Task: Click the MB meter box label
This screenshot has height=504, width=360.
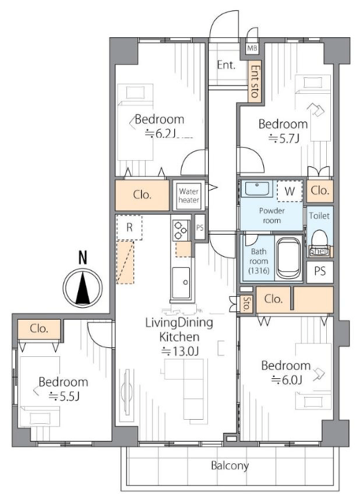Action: (x=252, y=49)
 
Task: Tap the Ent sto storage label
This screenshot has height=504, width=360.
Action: (x=254, y=81)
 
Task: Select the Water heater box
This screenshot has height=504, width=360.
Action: (x=189, y=195)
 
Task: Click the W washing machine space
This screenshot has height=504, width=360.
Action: (x=290, y=191)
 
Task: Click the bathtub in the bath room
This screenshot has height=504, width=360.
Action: (x=288, y=258)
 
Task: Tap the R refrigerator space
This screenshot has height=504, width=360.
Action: (x=129, y=228)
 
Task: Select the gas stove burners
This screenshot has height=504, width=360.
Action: (x=180, y=230)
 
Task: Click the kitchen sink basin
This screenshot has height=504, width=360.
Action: (x=180, y=283)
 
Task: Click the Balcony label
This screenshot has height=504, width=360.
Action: (x=230, y=465)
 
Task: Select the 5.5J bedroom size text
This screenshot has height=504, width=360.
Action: (x=64, y=397)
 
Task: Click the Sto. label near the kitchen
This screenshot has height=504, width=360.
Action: (x=246, y=304)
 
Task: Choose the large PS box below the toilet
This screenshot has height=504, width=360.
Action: (x=320, y=272)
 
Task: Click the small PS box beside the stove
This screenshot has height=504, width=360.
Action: (x=200, y=228)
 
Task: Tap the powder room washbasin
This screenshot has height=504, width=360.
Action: (x=257, y=189)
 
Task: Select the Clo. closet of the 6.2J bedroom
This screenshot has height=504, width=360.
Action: (x=142, y=195)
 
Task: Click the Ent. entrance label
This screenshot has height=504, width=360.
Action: (x=226, y=65)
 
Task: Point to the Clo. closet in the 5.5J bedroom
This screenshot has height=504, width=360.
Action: (x=39, y=329)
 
